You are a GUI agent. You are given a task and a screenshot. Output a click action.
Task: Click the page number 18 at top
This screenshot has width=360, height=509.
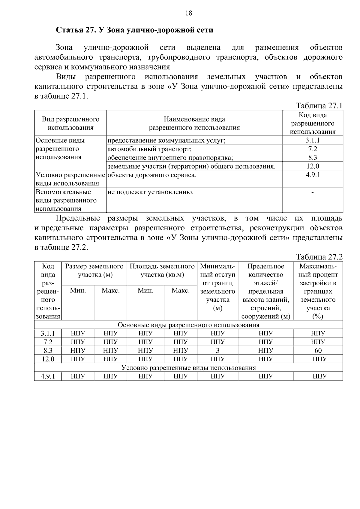(188, 13)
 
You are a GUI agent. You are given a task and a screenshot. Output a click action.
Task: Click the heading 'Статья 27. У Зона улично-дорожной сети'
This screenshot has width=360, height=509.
(135, 30)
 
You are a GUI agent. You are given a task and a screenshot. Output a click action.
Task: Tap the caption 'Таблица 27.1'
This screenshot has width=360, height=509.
(319, 106)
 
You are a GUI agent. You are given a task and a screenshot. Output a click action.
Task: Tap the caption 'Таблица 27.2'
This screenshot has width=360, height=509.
(319, 257)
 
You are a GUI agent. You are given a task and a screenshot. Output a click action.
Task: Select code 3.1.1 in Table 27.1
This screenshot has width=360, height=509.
(313, 140)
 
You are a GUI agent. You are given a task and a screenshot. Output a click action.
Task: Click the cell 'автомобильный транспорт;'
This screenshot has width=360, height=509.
(149, 149)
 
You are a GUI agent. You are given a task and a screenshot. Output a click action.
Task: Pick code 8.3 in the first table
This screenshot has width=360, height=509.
(313, 157)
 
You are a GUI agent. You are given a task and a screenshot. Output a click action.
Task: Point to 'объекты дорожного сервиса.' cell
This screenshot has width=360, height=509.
(152, 175)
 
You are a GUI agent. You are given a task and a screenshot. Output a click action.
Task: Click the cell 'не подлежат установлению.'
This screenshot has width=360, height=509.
(151, 192)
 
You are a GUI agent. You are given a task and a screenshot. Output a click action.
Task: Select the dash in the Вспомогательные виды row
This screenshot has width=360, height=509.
(313, 192)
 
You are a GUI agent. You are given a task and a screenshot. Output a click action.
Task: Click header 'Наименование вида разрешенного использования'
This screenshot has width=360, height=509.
(194, 124)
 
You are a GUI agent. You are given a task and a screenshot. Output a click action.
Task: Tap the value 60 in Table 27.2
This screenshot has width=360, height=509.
(318, 350)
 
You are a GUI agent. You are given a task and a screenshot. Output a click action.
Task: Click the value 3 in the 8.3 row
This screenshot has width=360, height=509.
(217, 350)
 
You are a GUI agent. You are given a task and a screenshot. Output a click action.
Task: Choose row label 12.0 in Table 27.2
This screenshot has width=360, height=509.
(48, 359)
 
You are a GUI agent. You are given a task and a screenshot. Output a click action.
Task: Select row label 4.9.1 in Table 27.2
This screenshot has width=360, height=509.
(48, 376)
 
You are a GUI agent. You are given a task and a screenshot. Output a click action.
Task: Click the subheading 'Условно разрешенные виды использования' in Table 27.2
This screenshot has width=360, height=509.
(188, 368)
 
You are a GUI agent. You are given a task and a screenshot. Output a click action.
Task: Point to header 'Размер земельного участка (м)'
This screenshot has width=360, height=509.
(94, 271)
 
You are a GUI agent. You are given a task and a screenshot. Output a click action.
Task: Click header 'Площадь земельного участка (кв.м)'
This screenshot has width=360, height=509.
(162, 271)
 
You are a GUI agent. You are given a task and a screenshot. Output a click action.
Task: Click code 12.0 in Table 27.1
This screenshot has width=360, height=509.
(313, 166)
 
